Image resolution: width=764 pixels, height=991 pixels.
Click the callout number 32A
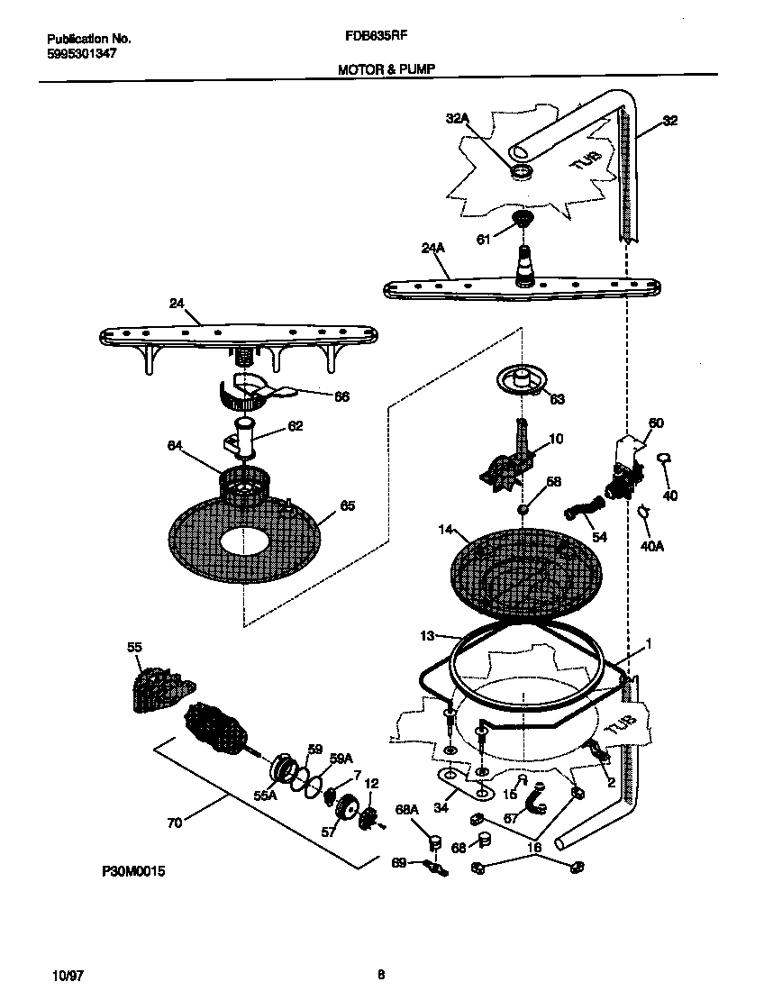[459, 118]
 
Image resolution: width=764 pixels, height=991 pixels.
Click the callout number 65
[347, 506]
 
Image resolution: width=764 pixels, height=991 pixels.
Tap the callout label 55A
[267, 796]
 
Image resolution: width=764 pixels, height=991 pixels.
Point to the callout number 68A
[409, 810]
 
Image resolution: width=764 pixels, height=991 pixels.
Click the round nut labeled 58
[522, 511]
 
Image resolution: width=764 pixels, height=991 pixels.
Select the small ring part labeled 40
[665, 460]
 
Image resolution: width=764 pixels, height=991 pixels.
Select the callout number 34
[441, 808]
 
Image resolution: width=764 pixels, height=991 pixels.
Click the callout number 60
[656, 423]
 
